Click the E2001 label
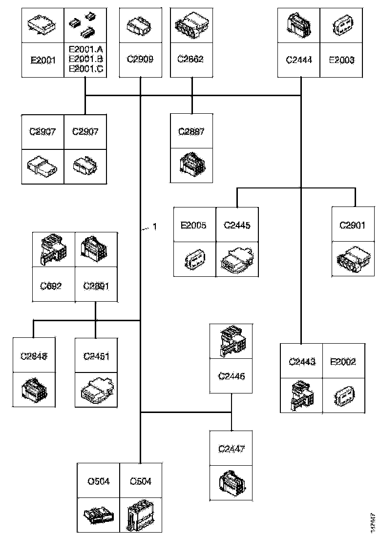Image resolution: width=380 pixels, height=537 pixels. pyautogui.click(x=43, y=60)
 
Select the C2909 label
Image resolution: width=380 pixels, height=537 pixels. pyautogui.click(x=140, y=60)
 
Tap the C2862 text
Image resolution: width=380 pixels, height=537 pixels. pyautogui.click(x=190, y=60)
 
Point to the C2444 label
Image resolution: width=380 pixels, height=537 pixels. pyautogui.click(x=298, y=60)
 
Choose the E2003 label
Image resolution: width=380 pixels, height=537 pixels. pyautogui.click(x=341, y=60)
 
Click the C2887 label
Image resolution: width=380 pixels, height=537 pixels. pyautogui.click(x=191, y=131)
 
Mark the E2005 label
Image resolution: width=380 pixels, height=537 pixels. pyautogui.click(x=194, y=226)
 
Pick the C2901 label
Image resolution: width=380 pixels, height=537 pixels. pyautogui.click(x=353, y=226)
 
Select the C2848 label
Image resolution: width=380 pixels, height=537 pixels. pyautogui.click(x=34, y=356)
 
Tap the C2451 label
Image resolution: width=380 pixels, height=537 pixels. pyautogui.click(x=96, y=356)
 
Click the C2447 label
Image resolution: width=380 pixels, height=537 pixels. pyautogui.click(x=231, y=449)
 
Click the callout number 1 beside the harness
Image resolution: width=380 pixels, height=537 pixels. pyautogui.click(x=155, y=227)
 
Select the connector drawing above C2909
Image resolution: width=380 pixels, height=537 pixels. pyautogui.click(x=140, y=25)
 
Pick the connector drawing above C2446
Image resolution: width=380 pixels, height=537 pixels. pyautogui.click(x=232, y=341)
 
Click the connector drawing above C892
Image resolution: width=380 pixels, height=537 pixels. pyautogui.click(x=53, y=249)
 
